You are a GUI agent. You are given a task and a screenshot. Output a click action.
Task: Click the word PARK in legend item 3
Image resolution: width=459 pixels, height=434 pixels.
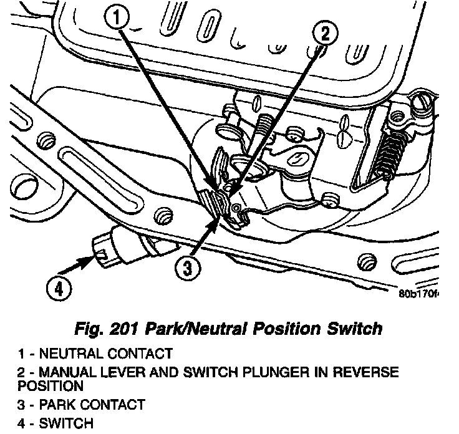click(56, 405)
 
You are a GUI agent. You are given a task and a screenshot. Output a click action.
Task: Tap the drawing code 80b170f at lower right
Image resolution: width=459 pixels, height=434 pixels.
click(419, 292)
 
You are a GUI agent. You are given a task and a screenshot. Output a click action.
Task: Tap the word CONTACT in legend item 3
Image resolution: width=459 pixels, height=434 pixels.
click(110, 405)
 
